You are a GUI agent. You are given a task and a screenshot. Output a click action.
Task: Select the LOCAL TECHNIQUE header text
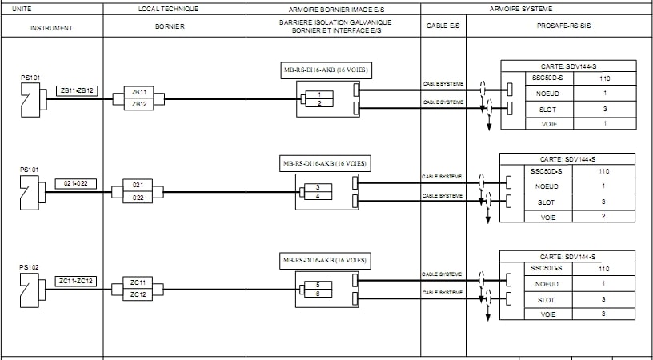[169, 9]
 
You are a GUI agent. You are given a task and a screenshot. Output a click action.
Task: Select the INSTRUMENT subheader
[51, 27]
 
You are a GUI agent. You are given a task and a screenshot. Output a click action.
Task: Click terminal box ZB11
[139, 93]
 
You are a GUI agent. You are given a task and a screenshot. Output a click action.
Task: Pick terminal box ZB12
[139, 104]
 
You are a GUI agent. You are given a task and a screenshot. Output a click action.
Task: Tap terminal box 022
[139, 197]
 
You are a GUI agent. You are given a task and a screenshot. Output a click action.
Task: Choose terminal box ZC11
[138, 282]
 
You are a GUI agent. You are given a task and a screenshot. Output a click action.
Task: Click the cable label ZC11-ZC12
[77, 281]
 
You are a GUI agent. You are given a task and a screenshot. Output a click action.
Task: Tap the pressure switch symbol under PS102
[30, 290]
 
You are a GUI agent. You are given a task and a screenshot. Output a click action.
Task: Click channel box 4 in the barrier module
[318, 196]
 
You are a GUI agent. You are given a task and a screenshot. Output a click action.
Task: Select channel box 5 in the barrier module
[318, 285]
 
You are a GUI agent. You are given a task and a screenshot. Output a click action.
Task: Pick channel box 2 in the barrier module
[319, 103]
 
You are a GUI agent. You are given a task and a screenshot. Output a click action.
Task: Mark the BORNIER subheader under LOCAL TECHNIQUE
[170, 27]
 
